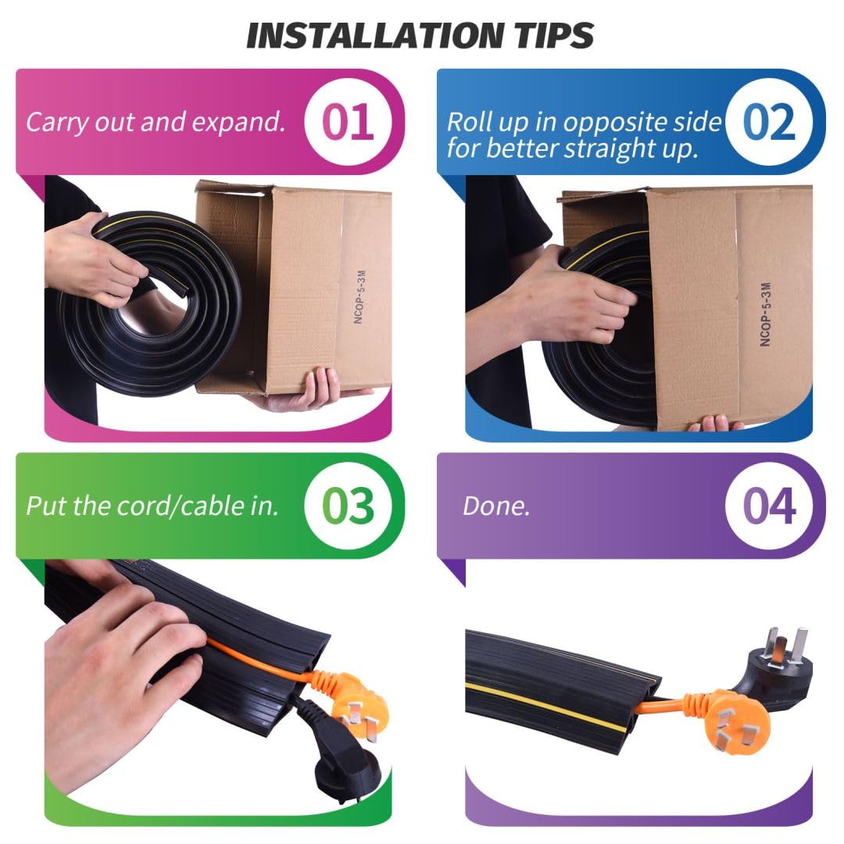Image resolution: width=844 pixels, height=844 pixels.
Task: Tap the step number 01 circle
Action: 348,121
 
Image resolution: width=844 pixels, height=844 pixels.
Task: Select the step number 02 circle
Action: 769,121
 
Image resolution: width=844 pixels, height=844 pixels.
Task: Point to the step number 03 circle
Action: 348,506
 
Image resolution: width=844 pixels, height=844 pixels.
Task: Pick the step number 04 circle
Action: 769,506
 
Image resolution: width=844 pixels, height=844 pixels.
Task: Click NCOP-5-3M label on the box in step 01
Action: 359,297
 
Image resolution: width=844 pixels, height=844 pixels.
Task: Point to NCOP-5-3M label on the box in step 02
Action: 765,314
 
